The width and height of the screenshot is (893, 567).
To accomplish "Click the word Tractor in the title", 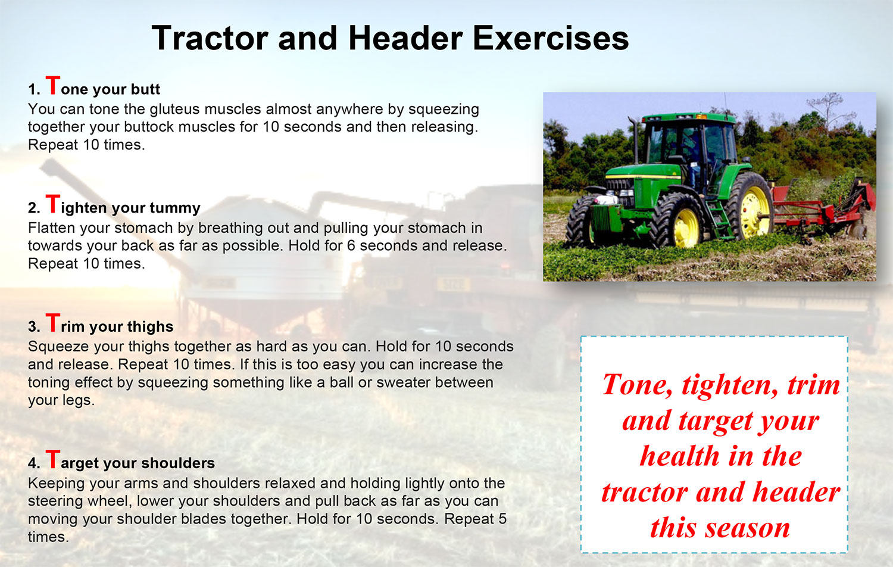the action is coord(210,38).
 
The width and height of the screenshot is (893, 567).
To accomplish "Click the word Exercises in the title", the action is coord(551,38).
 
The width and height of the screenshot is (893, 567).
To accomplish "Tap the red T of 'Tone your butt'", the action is coord(52,85).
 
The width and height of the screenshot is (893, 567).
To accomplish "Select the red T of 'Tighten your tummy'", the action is coord(52,204).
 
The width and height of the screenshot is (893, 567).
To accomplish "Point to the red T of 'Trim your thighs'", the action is coord(52,323).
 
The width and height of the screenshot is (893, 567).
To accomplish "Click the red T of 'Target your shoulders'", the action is coord(52,459).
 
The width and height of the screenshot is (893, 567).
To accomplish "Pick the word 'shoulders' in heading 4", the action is coord(178,463).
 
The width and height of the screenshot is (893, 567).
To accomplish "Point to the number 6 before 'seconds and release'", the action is coord(351,245).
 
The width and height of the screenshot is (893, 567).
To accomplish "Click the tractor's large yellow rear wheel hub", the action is coord(754,211).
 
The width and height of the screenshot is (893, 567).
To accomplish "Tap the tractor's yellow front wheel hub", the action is coord(686,228).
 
